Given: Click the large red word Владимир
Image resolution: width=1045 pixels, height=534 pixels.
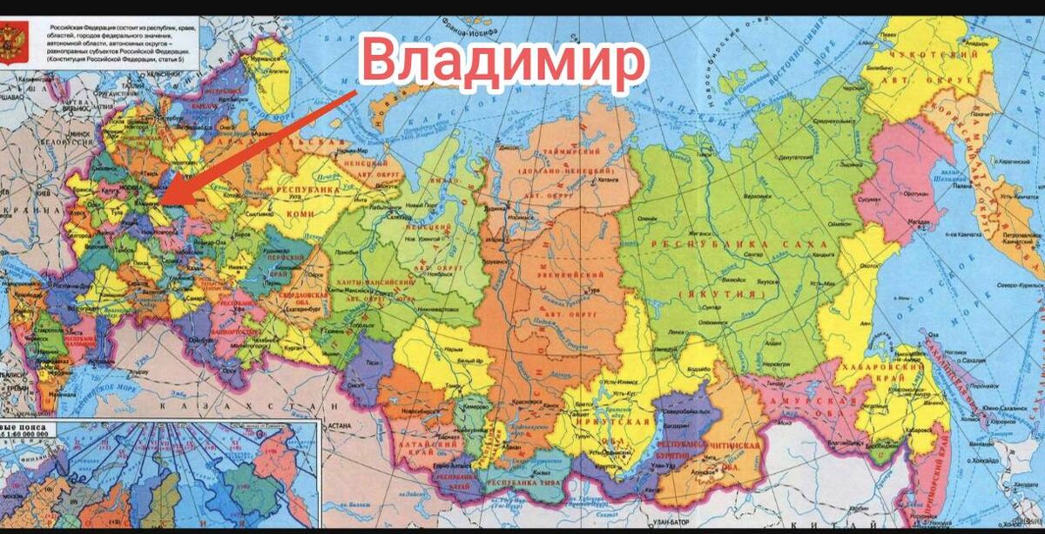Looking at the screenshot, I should (505, 59).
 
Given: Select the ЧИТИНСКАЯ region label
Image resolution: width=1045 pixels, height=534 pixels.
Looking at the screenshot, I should (737, 447).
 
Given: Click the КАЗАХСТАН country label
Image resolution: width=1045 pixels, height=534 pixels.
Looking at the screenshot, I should (261, 407).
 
